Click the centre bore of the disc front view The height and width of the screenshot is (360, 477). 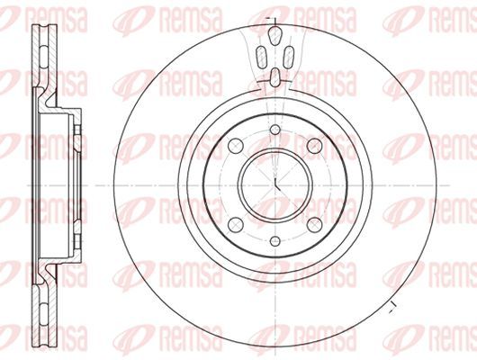tap(275, 185)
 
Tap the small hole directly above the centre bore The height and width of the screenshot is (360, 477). tap(275, 130)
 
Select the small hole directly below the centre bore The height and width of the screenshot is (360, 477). tap(275, 241)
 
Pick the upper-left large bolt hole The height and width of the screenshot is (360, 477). tap(236, 146)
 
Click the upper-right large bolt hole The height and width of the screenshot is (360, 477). tap(315, 146)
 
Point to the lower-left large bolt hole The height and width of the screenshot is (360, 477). tap(236, 225)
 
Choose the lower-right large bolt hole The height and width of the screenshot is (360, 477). tap(315, 225)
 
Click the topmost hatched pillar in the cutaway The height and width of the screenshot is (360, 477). tap(275, 36)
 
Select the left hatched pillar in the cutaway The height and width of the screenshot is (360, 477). tap(261, 57)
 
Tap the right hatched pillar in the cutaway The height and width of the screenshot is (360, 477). tap(288, 57)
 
